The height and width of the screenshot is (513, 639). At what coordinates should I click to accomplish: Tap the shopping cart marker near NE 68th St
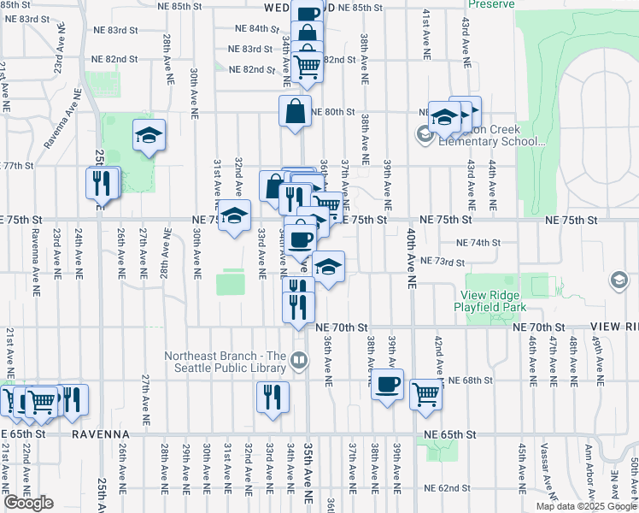click(x=425, y=393)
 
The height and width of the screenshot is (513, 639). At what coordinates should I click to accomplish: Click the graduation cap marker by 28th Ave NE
click(x=149, y=135)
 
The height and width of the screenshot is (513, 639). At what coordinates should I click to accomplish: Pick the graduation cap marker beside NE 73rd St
click(x=328, y=267)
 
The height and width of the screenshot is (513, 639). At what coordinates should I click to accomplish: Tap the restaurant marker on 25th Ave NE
click(x=101, y=182)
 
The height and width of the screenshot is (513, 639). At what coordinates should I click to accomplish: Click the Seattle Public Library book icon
click(x=298, y=360)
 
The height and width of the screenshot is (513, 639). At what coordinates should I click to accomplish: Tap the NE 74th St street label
click(x=478, y=243)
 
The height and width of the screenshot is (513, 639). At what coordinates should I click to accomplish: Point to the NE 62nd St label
click(x=446, y=488)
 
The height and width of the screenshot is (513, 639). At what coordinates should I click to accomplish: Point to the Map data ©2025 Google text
click(x=585, y=506)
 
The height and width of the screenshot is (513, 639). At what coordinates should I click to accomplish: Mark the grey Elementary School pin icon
click(x=425, y=133)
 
